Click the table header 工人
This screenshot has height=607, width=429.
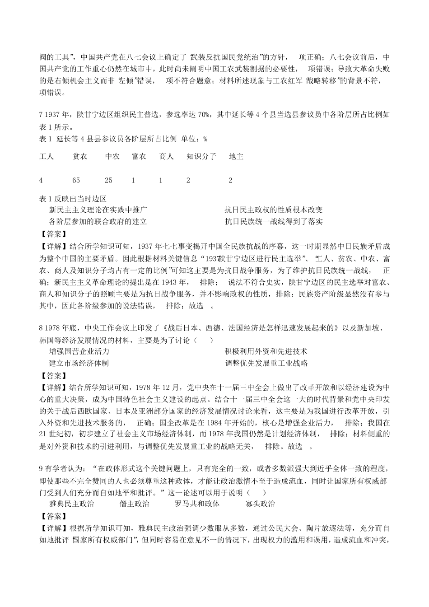click(47, 157)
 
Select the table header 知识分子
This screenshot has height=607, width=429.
click(201, 157)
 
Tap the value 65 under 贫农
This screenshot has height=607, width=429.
click(76, 180)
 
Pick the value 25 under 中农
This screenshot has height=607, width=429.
click(108, 180)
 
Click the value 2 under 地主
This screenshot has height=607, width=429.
click(230, 180)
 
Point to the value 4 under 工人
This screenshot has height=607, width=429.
click(41, 180)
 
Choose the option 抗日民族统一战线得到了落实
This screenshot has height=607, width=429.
click(274, 222)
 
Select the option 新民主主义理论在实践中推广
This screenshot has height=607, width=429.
click(98, 210)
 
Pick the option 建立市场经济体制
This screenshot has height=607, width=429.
click(79, 363)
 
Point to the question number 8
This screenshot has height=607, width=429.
click(41, 328)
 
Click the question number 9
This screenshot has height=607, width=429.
click(41, 469)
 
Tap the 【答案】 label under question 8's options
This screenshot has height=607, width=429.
click(53, 375)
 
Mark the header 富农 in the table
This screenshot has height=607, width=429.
click(139, 157)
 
